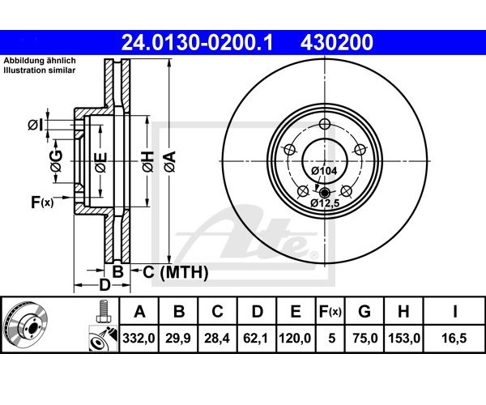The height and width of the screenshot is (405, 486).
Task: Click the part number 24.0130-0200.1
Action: (x=197, y=42)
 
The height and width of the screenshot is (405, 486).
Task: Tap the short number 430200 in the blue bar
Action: (x=337, y=42)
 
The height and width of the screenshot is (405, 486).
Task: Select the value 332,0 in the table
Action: (x=139, y=338)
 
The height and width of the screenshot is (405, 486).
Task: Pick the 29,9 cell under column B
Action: (x=178, y=338)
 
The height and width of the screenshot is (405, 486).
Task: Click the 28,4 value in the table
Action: (x=217, y=338)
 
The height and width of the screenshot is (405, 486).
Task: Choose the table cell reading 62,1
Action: (x=256, y=338)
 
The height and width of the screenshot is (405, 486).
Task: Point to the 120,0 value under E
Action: (x=295, y=338)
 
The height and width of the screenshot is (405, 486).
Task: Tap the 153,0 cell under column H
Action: (x=404, y=338)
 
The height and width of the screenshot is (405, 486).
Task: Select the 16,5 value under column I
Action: (x=454, y=338)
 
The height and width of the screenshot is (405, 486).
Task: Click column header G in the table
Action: (x=364, y=311)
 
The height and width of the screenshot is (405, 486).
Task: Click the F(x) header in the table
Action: (x=330, y=311)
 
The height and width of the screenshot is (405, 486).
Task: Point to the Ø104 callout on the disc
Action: (x=324, y=171)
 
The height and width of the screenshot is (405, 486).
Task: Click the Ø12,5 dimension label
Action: (x=326, y=203)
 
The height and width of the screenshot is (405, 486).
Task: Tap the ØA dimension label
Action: (x=170, y=161)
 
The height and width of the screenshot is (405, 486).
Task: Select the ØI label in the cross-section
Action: (x=35, y=126)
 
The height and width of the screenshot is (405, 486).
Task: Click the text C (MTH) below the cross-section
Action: (x=176, y=272)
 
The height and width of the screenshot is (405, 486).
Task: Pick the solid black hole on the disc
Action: (x=325, y=193)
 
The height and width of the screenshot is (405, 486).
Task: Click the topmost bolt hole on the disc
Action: (x=325, y=124)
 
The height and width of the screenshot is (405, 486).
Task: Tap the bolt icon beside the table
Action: (x=103, y=311)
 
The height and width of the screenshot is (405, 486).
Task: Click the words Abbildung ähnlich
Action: (x=40, y=61)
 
